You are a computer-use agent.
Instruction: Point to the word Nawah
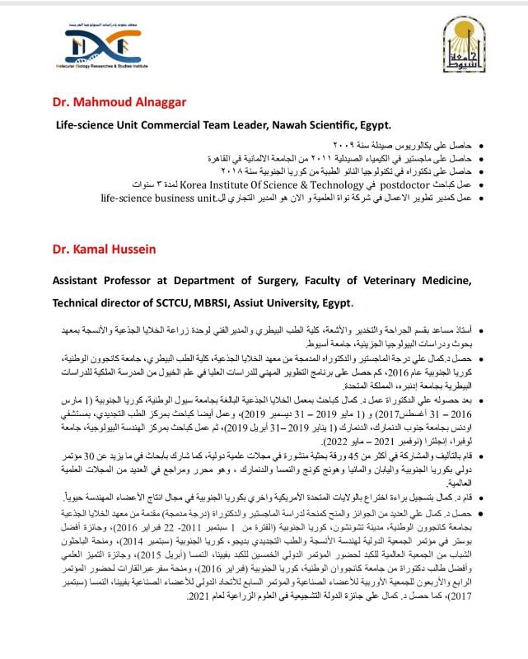coord(287,124)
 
